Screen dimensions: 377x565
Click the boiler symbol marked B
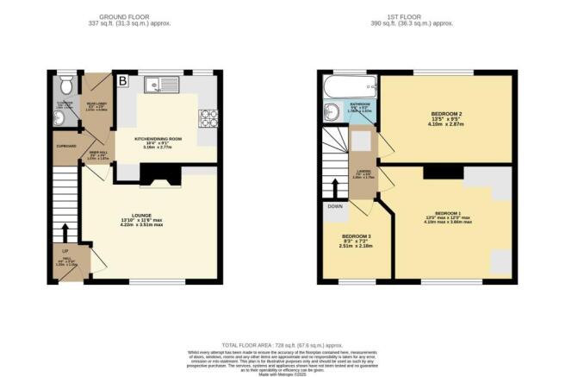[x=122, y=82]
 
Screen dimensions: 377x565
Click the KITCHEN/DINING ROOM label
[x=156, y=138]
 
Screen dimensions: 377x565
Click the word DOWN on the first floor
[x=335, y=207]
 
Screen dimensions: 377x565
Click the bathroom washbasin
[x=329, y=110]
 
